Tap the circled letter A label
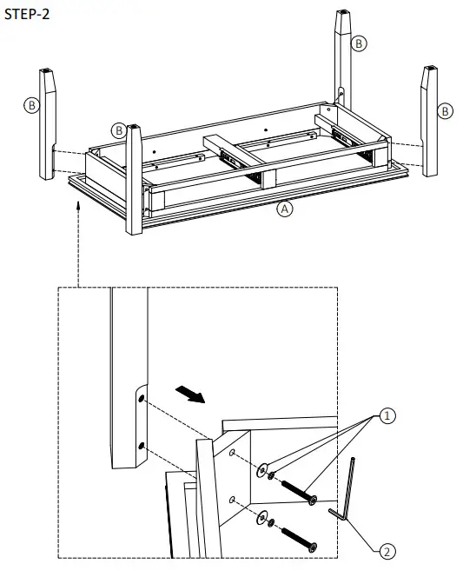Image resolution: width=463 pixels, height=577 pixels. click(x=284, y=209)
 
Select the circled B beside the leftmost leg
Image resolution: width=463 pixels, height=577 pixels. click(x=31, y=105)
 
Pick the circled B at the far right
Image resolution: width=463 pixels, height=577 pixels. click(x=445, y=110)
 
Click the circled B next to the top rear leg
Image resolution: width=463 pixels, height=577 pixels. click(x=359, y=42)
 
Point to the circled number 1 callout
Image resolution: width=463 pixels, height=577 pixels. click(x=388, y=416)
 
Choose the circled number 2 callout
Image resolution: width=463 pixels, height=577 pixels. click(x=388, y=550)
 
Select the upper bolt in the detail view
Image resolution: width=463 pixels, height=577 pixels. click(x=296, y=490)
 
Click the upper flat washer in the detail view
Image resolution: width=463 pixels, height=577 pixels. click(x=262, y=469)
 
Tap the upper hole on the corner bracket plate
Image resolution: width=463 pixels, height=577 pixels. click(x=234, y=454)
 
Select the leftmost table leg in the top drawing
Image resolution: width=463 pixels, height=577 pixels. click(x=48, y=122)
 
